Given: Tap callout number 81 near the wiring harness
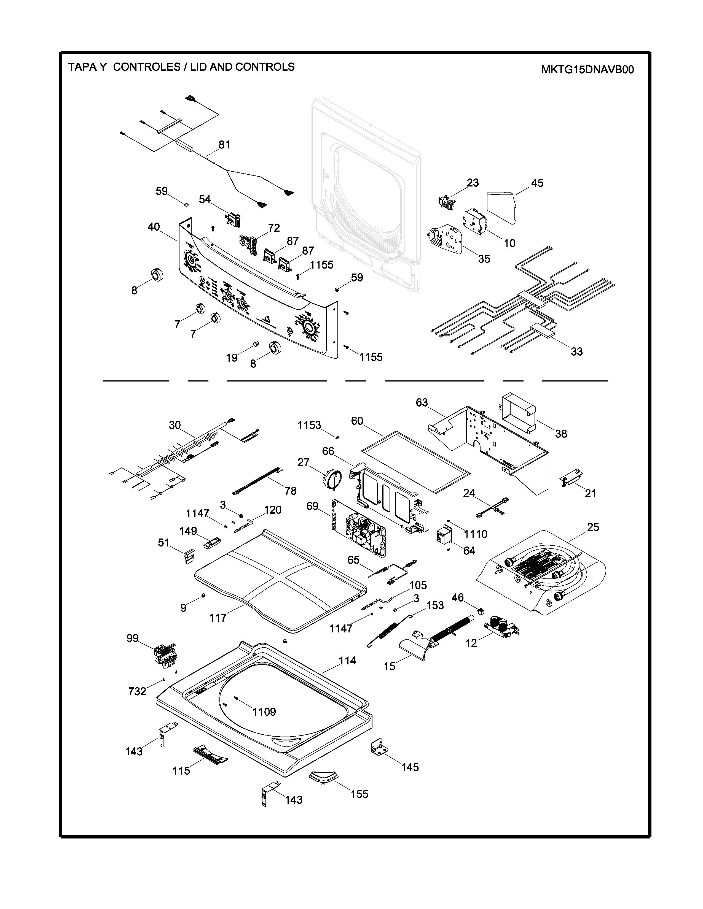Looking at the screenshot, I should click(x=224, y=145).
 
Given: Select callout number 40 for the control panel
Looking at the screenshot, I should click(x=154, y=227).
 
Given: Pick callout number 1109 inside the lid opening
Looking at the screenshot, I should click(x=264, y=712).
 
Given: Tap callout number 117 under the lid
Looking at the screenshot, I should click(x=218, y=618).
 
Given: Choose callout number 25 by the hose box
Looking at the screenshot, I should click(x=593, y=527).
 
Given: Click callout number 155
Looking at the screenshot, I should click(x=359, y=794).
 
